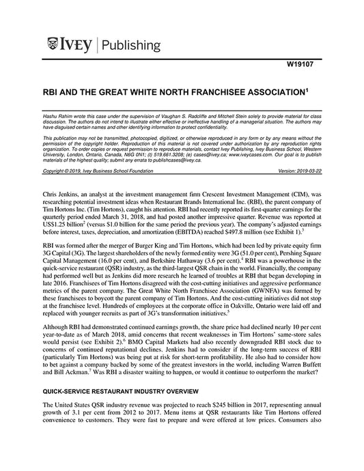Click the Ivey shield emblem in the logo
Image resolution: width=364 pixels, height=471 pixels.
(x=55, y=45)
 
